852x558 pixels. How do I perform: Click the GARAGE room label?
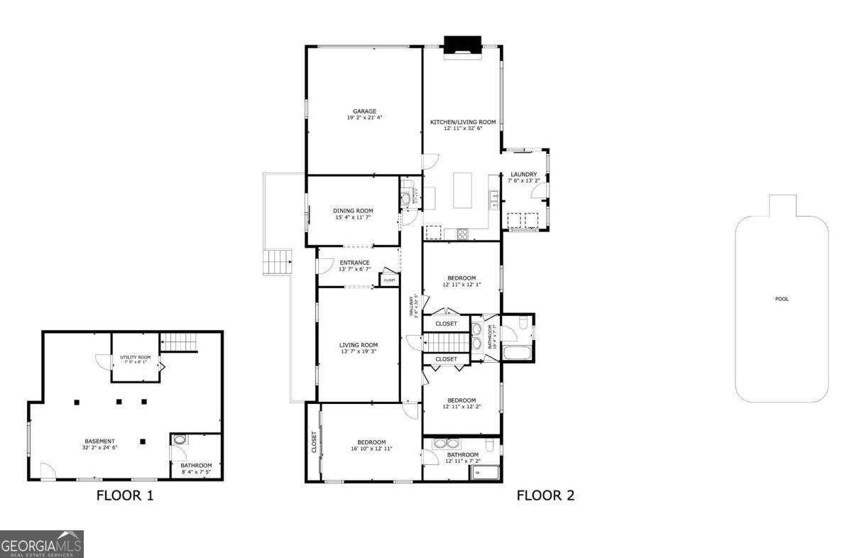pyautogui.click(x=364, y=111)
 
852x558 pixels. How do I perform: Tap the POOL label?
pyautogui.click(x=781, y=299)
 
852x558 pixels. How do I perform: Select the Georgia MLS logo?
pyautogui.click(x=42, y=544)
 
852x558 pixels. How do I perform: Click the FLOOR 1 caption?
pyautogui.click(x=125, y=496)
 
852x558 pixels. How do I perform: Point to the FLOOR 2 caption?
pyautogui.click(x=545, y=496)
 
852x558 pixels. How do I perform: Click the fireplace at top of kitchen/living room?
pyautogui.click(x=462, y=48)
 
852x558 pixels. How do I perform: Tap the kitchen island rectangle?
pyautogui.click(x=462, y=190)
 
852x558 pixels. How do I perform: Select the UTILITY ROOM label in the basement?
pyautogui.click(x=135, y=357)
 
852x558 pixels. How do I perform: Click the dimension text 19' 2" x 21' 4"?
pyautogui.click(x=364, y=118)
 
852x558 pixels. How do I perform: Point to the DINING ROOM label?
pyautogui.click(x=353, y=210)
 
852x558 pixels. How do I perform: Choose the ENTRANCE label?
pyautogui.click(x=354, y=263)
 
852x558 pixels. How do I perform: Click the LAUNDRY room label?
pyautogui.click(x=523, y=174)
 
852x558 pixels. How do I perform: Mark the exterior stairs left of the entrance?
pyautogui.click(x=278, y=262)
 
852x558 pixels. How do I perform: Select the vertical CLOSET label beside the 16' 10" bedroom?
pyautogui.click(x=313, y=442)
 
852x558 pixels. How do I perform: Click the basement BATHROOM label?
pyautogui.click(x=196, y=466)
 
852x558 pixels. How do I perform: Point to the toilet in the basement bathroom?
pyautogui.click(x=180, y=440)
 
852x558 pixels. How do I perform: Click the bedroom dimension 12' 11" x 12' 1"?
pyautogui.click(x=461, y=285)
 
